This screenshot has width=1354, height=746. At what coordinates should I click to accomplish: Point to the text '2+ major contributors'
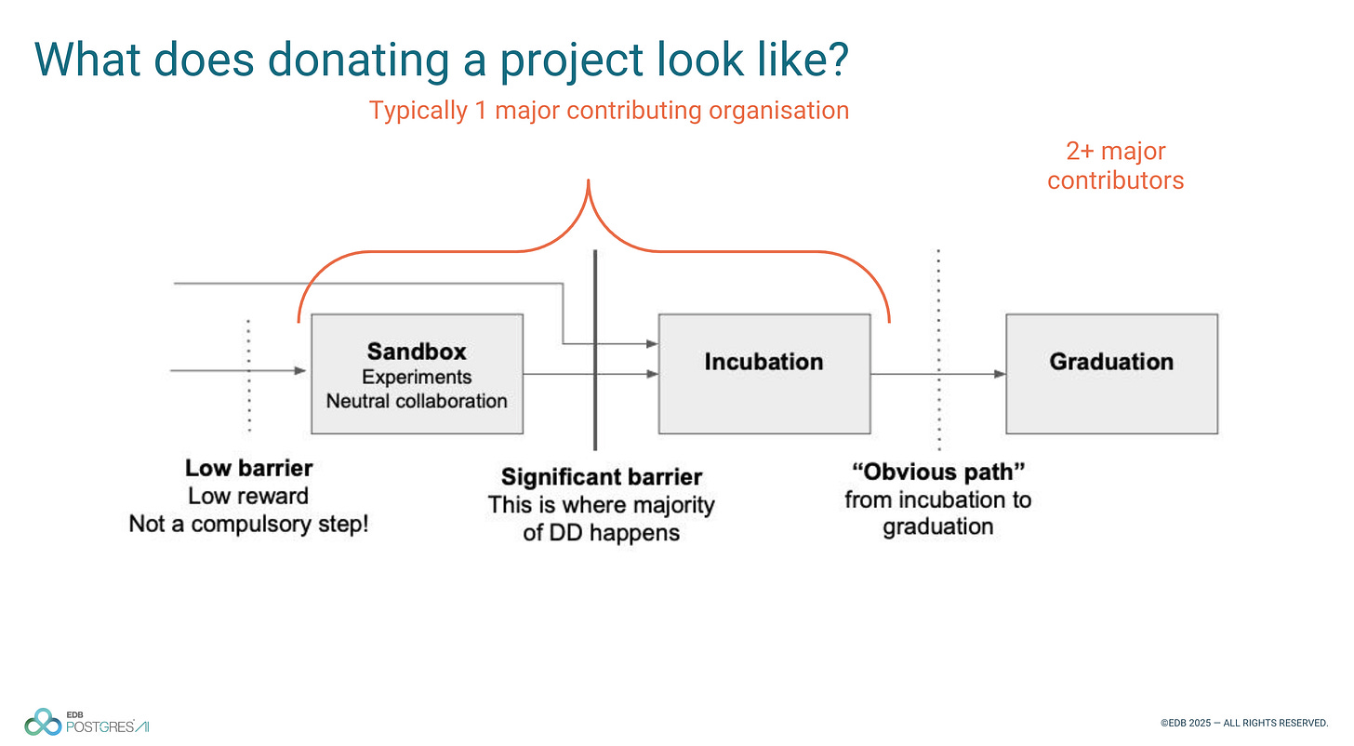coord(1115,166)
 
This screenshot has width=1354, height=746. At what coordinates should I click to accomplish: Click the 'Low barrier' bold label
coord(248,468)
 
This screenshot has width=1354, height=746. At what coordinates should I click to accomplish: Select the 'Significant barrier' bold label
coord(602,477)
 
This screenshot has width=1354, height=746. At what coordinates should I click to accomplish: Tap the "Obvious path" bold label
coord(938,472)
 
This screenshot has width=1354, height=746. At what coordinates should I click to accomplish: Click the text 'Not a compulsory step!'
coord(248,524)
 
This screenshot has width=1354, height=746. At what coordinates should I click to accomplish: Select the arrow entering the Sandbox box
coord(238,370)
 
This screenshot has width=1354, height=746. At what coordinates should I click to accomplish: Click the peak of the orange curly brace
coord(589,182)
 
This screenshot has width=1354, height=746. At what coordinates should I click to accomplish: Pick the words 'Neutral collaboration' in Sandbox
coord(417,401)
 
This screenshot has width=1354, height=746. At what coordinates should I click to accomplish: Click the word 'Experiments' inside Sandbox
coord(417,377)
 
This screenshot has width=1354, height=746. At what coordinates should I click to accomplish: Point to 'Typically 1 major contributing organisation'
coord(609,111)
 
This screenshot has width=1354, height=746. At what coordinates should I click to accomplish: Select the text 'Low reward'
coord(248,496)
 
